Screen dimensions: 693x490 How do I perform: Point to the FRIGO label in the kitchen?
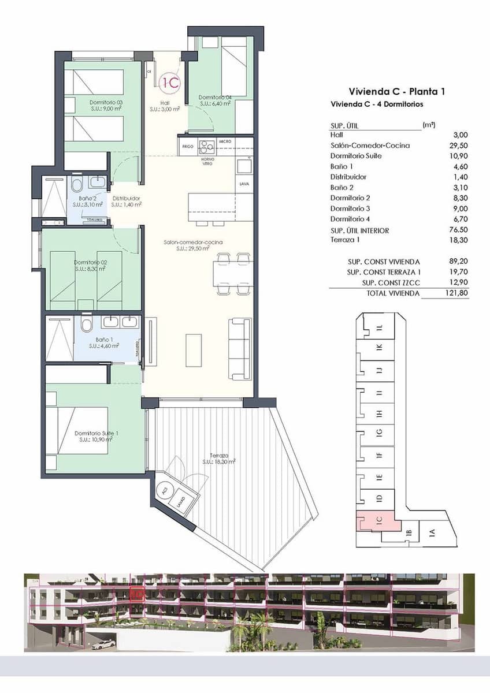(x=187, y=147)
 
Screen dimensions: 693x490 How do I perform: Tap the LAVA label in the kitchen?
(x=244, y=184)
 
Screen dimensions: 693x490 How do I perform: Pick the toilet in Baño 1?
(x=87, y=325)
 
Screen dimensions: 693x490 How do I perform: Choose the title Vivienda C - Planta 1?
(x=396, y=91)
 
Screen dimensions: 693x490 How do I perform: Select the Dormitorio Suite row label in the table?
(x=356, y=156)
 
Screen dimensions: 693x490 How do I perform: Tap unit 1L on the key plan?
(x=380, y=327)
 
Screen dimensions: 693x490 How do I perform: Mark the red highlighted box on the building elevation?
(x=137, y=593)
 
